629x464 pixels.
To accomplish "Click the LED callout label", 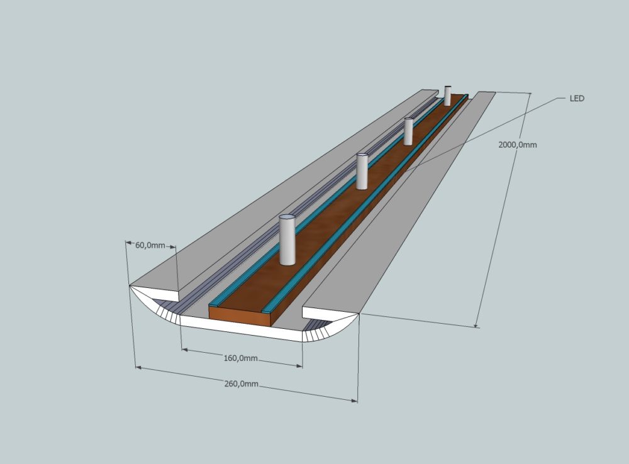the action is [577, 98].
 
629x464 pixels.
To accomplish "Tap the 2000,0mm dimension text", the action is [518, 145].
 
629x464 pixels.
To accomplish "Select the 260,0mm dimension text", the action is [241, 384].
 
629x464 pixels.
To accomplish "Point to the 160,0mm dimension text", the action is [240, 358].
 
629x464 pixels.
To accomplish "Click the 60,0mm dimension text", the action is [150, 245].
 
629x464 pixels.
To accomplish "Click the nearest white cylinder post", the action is [287, 240].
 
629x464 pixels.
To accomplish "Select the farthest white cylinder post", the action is [447, 96].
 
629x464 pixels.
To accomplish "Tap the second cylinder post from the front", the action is [362, 171].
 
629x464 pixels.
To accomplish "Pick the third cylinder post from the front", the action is [408, 131].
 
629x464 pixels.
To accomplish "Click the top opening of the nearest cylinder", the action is [287, 218].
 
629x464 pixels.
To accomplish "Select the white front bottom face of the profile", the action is [241, 328].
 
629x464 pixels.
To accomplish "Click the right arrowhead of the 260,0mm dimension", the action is [354, 400].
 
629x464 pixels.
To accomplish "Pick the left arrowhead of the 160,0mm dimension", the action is [184, 350].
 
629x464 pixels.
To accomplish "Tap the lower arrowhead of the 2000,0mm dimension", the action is [476, 325].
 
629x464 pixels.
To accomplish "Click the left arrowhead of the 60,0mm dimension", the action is [128, 243].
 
